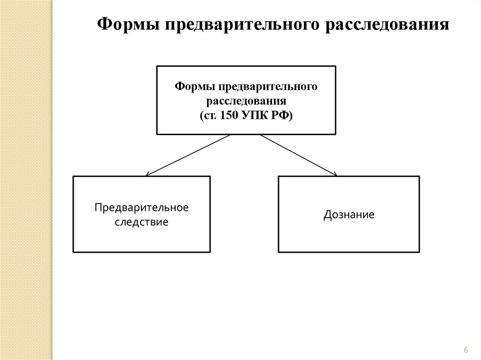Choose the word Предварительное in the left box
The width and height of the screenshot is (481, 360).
click(x=141, y=207)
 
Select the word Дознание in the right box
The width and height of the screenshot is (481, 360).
click(x=349, y=215)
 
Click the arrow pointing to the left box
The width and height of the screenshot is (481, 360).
click(x=188, y=155)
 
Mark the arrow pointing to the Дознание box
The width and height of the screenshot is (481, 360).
click(x=299, y=155)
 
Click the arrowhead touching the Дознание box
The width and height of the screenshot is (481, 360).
click(x=334, y=174)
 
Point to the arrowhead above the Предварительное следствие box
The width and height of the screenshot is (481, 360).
click(x=148, y=174)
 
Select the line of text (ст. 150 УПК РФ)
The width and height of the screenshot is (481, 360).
click(x=246, y=115)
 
